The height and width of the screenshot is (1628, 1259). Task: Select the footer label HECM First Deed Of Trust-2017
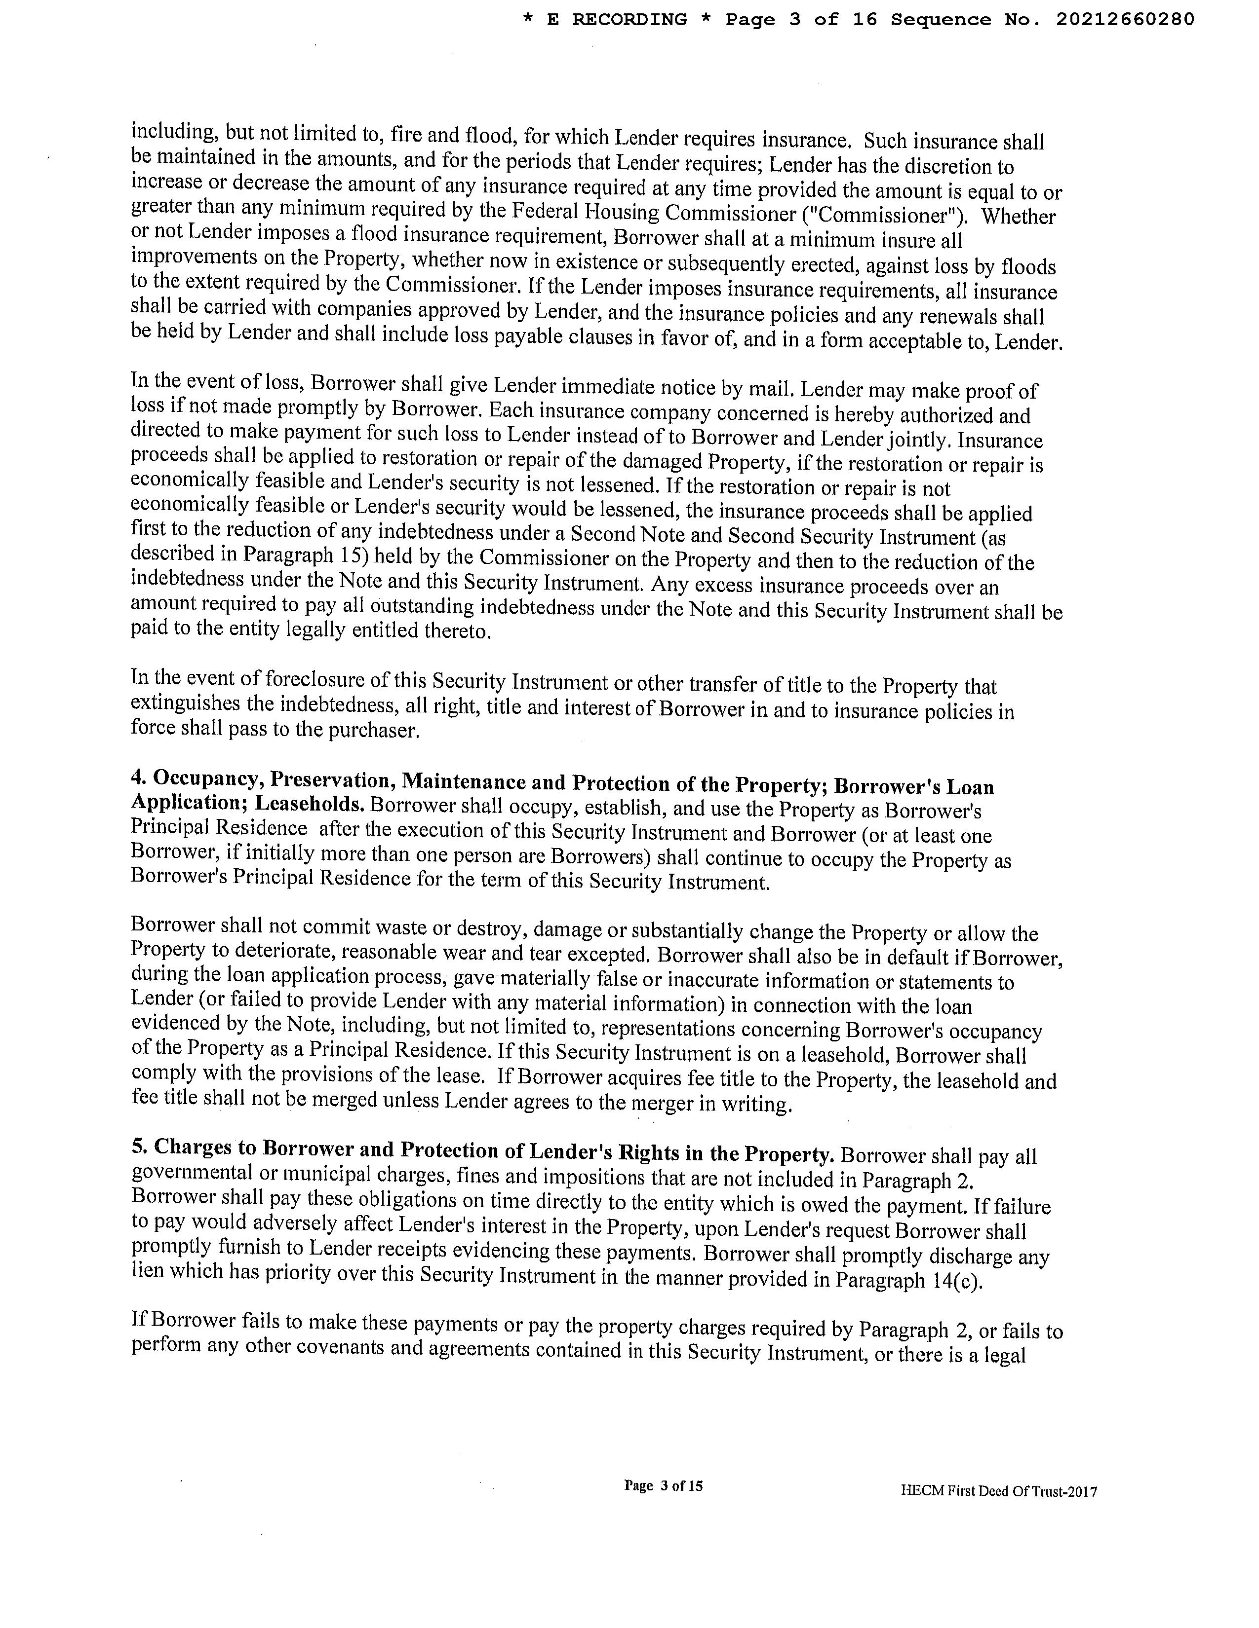999,1491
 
